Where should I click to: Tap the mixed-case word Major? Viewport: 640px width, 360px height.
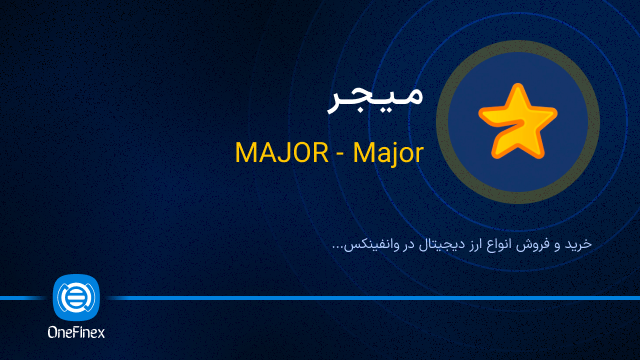[x=386, y=153]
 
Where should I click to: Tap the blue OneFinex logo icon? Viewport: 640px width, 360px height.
[x=76, y=297]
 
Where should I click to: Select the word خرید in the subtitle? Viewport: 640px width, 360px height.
[x=578, y=244]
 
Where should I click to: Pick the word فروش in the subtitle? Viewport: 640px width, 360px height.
[x=537, y=244]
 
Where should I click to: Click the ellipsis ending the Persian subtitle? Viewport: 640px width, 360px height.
[x=338, y=247]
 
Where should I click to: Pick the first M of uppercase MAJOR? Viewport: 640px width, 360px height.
[x=246, y=153]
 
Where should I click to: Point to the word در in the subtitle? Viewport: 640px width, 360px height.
[x=403, y=245]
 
